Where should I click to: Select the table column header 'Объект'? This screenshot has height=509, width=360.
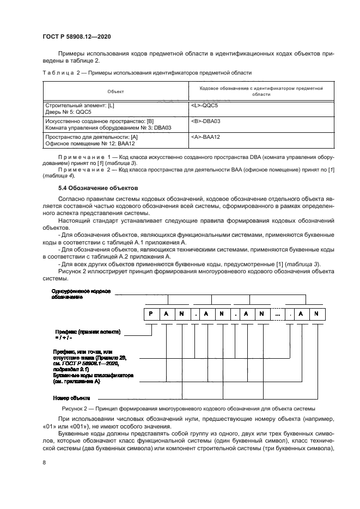[x=115, y=91]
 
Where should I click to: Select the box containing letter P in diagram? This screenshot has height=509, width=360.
[x=150, y=314]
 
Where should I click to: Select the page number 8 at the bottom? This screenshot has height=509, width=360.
[x=44, y=462]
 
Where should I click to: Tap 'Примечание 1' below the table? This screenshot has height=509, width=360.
[x=81, y=157]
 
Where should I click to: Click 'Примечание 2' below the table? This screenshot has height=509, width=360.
[x=81, y=169]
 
